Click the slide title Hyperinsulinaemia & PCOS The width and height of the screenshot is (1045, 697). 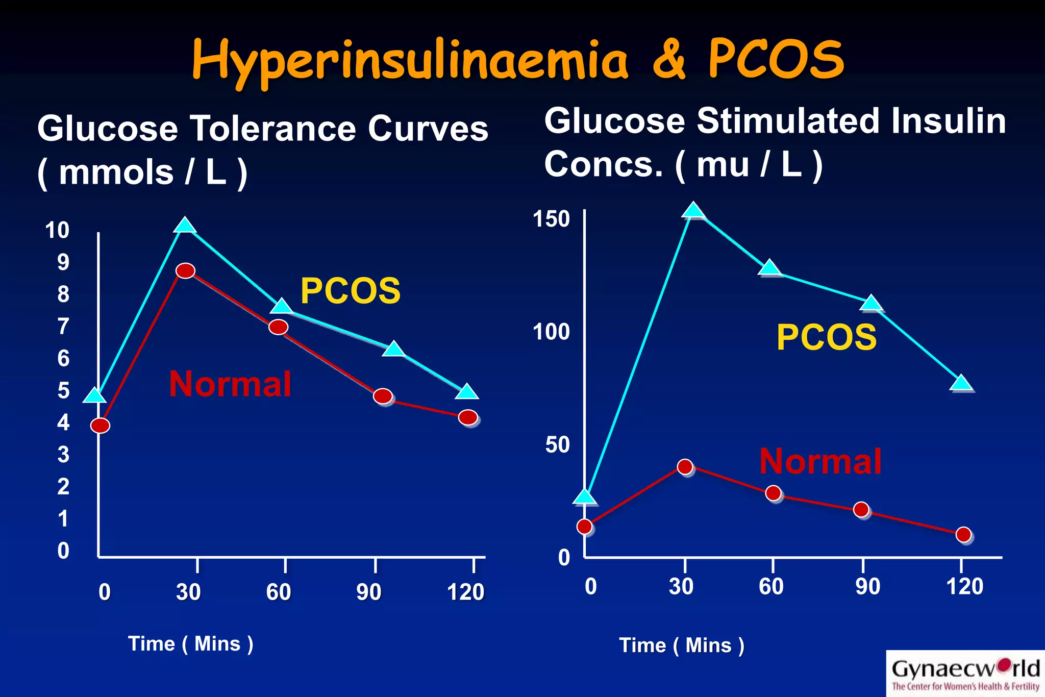pos(518,60)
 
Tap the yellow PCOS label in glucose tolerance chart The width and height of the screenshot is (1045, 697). pos(350,291)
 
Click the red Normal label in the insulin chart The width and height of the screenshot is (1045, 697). pos(820,461)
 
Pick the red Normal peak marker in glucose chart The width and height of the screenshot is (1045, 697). pos(185,270)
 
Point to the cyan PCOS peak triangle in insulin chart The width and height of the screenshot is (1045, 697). pos(693,210)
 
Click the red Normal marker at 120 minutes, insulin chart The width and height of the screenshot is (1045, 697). pos(963,534)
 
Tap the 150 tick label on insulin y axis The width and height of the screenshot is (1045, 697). pos(551,219)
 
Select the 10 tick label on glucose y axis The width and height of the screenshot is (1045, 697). pos(57,230)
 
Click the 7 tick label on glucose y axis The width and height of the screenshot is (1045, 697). pos(63,327)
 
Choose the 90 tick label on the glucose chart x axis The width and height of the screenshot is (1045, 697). pos(368,592)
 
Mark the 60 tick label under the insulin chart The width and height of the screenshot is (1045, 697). pos(771,587)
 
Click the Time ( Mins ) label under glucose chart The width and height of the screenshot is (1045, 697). pos(190,644)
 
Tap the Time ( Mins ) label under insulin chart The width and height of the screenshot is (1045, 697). pos(682,645)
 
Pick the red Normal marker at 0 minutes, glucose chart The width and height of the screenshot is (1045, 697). pos(100,426)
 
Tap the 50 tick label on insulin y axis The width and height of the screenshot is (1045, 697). pos(557,445)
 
